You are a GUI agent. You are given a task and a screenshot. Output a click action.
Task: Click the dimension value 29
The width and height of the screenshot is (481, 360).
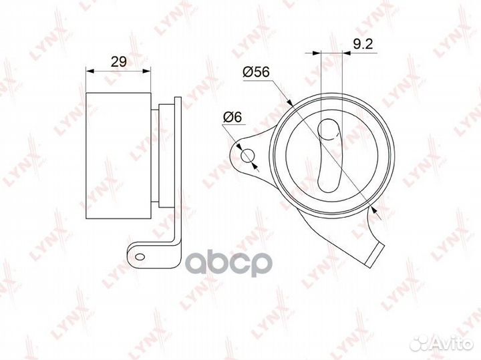point(118,61)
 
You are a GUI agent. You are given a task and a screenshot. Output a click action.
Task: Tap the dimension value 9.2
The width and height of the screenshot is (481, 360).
point(363,44)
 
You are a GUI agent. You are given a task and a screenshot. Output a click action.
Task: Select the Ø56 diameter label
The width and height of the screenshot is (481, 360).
point(256,72)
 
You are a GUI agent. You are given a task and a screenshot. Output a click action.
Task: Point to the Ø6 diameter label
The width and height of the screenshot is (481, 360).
point(232,117)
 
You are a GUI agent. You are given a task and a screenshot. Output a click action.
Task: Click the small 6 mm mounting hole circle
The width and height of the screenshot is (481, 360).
point(248,156)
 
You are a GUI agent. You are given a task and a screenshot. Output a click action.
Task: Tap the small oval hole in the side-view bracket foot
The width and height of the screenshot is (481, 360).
point(140,256)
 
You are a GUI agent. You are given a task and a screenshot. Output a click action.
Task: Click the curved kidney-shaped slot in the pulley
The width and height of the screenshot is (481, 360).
point(329,156)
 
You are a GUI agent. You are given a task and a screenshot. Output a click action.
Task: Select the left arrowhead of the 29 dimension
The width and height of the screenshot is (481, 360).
point(90,71)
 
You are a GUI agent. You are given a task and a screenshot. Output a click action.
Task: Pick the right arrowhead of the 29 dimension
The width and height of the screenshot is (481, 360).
point(147,71)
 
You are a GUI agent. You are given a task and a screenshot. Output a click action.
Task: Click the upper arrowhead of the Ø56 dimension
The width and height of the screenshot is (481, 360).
point(290,102)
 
